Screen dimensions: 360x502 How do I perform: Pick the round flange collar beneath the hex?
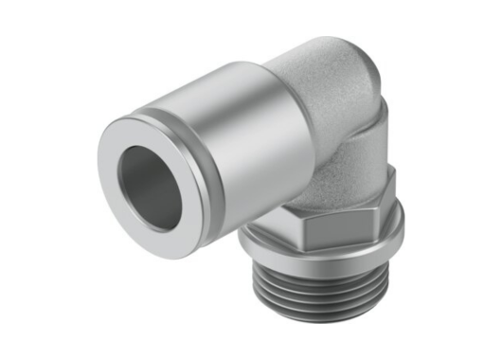(x=322, y=248)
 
